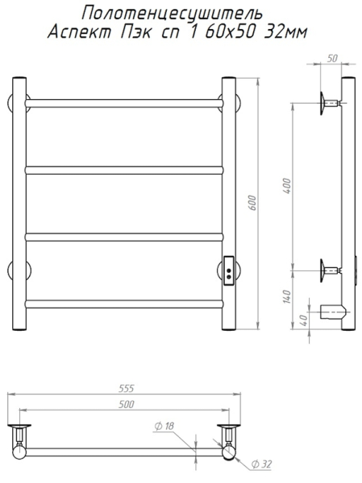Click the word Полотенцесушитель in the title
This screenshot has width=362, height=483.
(173, 14)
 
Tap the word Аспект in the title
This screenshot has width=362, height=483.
(79, 32)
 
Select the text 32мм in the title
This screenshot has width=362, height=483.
(286, 32)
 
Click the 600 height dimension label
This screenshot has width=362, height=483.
(252, 203)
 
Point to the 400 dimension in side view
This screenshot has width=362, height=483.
(287, 185)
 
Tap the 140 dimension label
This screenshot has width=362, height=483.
(287, 296)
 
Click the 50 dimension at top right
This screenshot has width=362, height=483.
(332, 58)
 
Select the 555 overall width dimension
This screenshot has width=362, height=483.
(127, 389)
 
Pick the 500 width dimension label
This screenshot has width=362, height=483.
(127, 404)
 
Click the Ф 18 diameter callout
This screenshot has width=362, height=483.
(164, 426)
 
